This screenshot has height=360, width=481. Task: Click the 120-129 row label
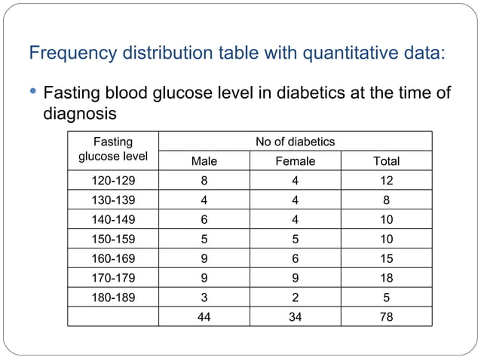(113, 181)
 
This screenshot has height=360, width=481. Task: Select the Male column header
(204, 161)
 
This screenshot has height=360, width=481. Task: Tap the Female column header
(296, 161)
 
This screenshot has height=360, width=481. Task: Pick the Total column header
(387, 161)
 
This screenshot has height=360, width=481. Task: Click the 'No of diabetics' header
(296, 142)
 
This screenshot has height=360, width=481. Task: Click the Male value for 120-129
(204, 181)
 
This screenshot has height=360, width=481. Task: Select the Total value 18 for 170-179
(387, 278)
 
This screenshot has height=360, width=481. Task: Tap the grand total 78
(387, 317)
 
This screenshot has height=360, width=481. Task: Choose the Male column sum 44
(204, 317)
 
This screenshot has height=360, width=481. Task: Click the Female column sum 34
(296, 317)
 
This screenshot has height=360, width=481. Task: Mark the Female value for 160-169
(296, 258)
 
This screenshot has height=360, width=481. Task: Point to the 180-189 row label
(113, 297)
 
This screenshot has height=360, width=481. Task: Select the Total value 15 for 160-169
(387, 258)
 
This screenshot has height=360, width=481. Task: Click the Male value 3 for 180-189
(204, 297)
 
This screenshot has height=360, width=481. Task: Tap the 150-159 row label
(113, 239)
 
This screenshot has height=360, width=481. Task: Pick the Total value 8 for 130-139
(387, 200)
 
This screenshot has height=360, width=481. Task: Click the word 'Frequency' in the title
(69, 54)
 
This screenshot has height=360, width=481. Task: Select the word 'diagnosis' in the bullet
(80, 114)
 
